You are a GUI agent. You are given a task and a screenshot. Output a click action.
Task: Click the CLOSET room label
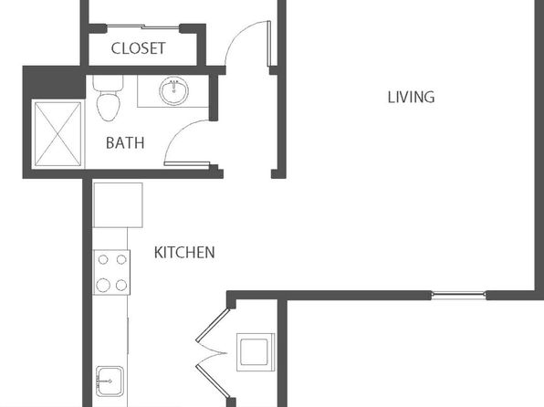point(138,48)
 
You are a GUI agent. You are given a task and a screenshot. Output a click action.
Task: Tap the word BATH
point(125,143)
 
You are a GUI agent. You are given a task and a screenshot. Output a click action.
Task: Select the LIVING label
point(411,97)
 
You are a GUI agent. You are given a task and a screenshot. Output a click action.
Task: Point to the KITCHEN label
point(184,253)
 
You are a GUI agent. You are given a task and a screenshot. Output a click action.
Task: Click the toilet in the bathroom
point(109,98)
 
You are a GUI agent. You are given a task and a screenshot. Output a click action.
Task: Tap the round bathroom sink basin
point(173,91)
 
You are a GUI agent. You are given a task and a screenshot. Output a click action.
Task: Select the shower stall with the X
point(58,134)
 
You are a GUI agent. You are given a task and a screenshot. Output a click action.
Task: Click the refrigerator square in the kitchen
point(118,205)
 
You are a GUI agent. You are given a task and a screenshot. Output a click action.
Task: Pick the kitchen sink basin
point(110,381)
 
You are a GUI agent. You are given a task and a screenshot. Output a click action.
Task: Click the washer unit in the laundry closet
point(256,352)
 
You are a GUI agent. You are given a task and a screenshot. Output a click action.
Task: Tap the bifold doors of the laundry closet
point(213,353)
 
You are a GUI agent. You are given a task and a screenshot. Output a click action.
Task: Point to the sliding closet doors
point(143,26)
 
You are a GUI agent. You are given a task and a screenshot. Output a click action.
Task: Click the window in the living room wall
point(458,296)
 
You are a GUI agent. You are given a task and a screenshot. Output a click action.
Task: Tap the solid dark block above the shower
point(54,82)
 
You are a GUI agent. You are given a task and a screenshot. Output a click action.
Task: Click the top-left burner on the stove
point(103,259)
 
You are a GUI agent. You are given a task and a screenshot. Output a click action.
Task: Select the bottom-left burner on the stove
point(103,286)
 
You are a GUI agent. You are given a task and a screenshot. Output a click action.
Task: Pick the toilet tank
point(109,83)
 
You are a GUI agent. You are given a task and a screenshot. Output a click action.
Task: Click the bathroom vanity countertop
point(173,91)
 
